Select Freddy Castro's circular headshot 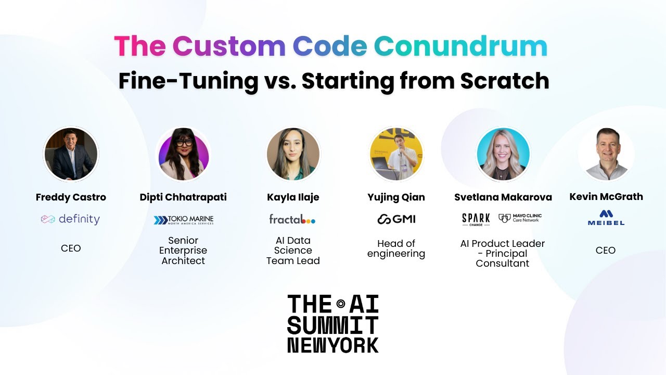(x=71, y=154)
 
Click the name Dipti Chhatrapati (x=183, y=197)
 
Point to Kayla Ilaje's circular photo (x=293, y=154)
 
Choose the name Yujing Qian (x=396, y=197)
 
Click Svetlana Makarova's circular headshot (x=503, y=154)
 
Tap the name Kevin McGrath (x=606, y=197)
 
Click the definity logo (x=70, y=219)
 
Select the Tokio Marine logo (x=183, y=220)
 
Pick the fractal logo (x=292, y=219)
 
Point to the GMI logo (x=396, y=219)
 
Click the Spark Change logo (x=476, y=219)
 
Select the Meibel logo (x=606, y=218)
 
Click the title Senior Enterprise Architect (x=183, y=251)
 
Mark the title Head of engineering (x=396, y=249)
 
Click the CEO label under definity (x=71, y=248)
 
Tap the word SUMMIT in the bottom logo (x=332, y=326)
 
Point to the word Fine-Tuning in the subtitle (x=188, y=81)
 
